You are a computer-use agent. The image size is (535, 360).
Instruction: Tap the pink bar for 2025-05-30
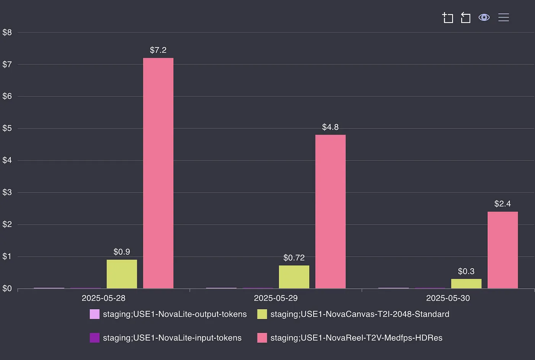[503, 250]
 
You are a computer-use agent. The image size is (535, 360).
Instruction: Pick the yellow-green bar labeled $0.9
[122, 274]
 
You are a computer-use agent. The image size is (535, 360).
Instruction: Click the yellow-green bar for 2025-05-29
[294, 277]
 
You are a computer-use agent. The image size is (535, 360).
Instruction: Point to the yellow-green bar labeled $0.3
[466, 284]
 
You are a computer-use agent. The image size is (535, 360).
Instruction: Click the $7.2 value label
[158, 50]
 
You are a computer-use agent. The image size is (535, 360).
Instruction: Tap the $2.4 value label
[503, 204]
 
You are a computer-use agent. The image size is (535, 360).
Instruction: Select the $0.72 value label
[294, 258]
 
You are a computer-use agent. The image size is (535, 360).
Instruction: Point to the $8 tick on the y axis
[7, 32]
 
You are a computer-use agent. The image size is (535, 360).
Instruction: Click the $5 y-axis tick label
[7, 128]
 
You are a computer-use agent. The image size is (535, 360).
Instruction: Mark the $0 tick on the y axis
[7, 289]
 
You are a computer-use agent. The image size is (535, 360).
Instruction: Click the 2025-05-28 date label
[104, 298]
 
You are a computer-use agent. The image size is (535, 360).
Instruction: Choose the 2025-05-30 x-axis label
[448, 298]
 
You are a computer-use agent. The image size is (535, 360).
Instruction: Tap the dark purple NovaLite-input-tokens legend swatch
[94, 338]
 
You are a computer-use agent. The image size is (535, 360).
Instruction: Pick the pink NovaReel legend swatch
[262, 338]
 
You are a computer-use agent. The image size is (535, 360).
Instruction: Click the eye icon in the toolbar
[484, 18]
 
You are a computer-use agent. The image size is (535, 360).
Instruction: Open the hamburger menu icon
[504, 18]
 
